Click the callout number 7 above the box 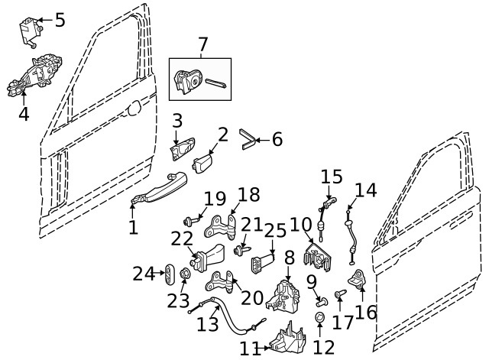point(202,46)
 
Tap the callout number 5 point(60,20)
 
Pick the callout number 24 point(144,273)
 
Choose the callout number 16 point(366,312)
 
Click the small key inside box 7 point(215,82)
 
